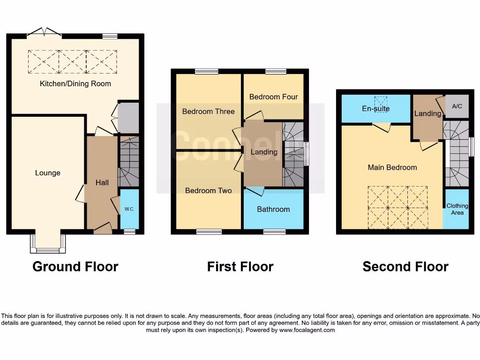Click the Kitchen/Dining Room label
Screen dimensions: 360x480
point(75,84)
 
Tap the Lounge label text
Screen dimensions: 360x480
point(48,173)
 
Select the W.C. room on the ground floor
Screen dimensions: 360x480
point(129,209)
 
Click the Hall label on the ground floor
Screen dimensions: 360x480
point(102,182)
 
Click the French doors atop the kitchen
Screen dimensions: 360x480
point(45,32)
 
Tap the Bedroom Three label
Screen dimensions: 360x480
point(208,112)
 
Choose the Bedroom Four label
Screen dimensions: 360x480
point(273,97)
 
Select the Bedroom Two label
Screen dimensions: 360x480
point(208,190)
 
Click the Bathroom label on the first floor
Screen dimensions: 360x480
point(273,209)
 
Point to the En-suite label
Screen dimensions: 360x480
point(376,109)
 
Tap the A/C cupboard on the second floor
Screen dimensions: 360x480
point(457,106)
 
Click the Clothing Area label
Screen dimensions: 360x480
point(457,209)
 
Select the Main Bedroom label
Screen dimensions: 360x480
point(392,167)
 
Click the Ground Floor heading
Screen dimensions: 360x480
point(75,267)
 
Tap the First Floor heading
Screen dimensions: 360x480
point(240,267)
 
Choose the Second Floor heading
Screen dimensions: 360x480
point(405,267)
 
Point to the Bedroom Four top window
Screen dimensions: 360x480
point(276,72)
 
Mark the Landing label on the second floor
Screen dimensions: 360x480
point(427,113)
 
